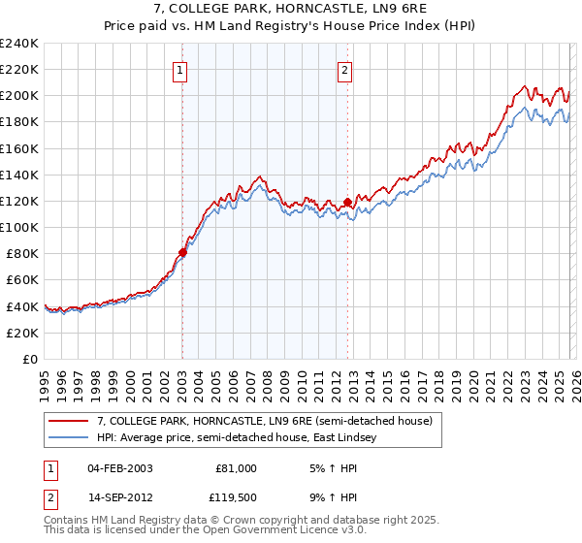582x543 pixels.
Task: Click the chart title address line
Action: (291, 9)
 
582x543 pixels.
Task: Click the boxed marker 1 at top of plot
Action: (181, 69)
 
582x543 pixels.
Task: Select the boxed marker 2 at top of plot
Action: (346, 69)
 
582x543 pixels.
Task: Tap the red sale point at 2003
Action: (182, 252)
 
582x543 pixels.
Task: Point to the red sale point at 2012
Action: (347, 202)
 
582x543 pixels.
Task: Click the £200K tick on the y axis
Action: (19, 96)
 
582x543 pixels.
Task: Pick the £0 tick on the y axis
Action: (29, 359)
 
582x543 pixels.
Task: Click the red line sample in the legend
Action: (69, 421)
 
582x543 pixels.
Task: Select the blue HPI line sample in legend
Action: (69, 437)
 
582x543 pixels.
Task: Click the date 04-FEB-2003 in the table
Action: (119, 468)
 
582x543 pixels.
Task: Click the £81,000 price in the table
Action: (236, 468)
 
